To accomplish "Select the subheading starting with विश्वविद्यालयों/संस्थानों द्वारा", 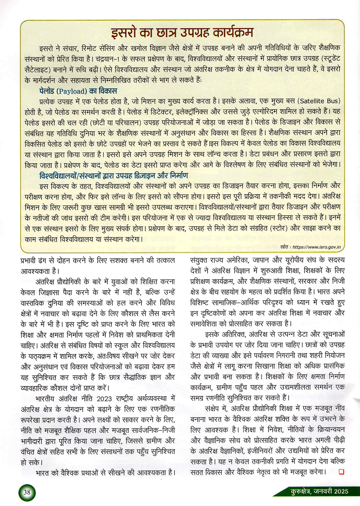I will click(113, 176).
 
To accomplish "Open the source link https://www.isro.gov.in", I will click(316, 247).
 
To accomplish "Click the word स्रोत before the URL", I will click(284, 247).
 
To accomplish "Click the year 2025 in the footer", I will click(341, 491).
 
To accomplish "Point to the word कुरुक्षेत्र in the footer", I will click(300, 491).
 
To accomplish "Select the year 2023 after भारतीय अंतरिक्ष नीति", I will click(104, 398).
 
